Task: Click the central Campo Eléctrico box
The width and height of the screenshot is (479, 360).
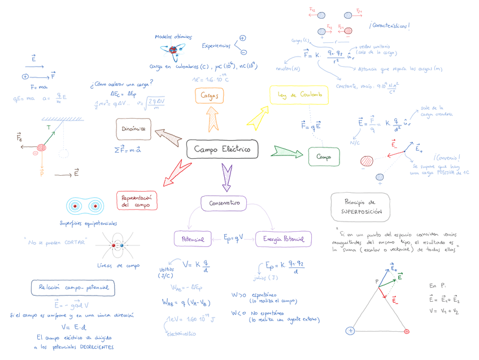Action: click(222, 149)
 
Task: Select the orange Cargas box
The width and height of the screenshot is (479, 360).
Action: click(210, 96)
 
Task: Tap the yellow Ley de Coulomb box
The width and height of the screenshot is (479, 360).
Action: click(299, 95)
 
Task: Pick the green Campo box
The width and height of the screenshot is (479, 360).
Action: click(324, 157)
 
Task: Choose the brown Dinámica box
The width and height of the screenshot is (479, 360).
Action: click(134, 129)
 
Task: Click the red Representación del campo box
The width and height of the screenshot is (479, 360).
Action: click(136, 201)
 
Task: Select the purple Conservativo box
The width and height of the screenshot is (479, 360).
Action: click(225, 203)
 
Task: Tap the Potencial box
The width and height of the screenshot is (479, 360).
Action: click(193, 238)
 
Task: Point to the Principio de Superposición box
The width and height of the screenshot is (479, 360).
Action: click(360, 206)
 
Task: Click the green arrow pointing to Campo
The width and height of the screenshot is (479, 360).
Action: click(287, 151)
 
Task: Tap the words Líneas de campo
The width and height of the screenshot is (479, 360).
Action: click(119, 265)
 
